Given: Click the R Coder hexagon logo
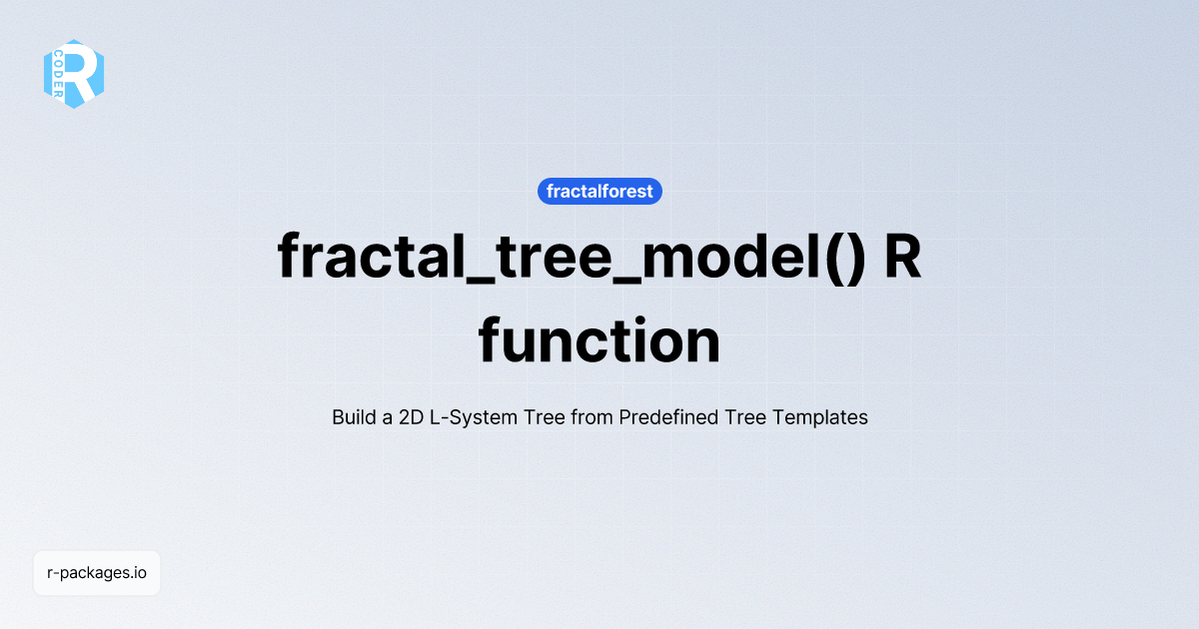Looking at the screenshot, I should click(x=74, y=74).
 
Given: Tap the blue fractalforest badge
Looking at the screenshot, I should click(x=599, y=191).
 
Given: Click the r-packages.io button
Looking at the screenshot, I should click(x=97, y=573).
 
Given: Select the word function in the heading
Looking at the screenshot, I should click(x=599, y=340).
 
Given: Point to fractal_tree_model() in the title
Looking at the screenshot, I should click(x=569, y=257).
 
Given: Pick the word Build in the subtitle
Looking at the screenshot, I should click(x=354, y=417).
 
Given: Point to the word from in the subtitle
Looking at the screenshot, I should click(x=591, y=417).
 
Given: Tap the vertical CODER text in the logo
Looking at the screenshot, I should click(x=58, y=73).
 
